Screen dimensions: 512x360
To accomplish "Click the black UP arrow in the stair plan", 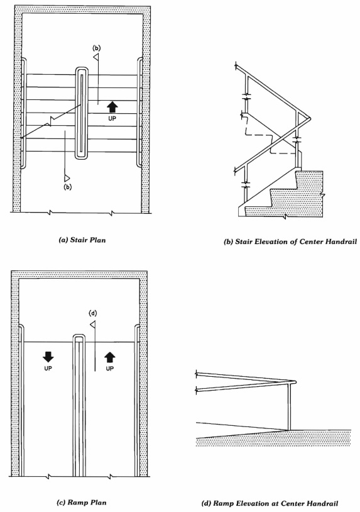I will click(x=113, y=107).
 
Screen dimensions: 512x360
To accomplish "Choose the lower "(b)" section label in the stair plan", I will click(x=68, y=187).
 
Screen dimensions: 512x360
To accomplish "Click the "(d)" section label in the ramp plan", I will click(x=94, y=313).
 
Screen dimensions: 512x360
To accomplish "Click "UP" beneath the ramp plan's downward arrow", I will click(x=48, y=369).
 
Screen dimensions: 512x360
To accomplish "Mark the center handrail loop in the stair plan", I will click(x=82, y=113).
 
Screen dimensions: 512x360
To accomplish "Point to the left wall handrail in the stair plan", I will click(x=23, y=113).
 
